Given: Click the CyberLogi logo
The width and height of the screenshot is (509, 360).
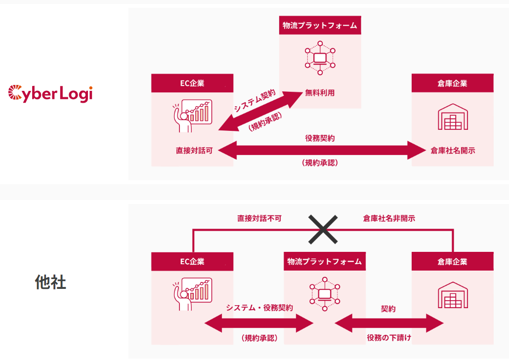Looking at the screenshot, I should (x=50, y=93).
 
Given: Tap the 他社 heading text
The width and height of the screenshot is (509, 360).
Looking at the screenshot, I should (x=50, y=282).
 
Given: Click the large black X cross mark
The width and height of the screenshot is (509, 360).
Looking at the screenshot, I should (x=323, y=229).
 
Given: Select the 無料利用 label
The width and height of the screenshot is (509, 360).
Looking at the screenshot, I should (x=320, y=92).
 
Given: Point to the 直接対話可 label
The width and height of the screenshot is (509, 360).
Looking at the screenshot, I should (x=194, y=151).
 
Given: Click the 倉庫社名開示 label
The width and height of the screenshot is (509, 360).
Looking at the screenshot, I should (x=452, y=151).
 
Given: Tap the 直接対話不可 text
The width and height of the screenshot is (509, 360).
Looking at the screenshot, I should (x=259, y=218).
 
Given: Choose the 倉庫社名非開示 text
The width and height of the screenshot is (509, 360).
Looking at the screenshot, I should (x=389, y=218).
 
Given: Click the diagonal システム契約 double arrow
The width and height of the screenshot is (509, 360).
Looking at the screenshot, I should (x=260, y=112).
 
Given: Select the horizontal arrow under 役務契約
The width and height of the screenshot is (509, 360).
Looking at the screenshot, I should (x=320, y=150).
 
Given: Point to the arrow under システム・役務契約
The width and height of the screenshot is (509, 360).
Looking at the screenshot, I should (x=259, y=324).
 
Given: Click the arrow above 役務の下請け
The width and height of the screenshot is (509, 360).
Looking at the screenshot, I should (x=389, y=323).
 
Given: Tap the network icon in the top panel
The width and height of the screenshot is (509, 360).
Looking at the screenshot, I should (x=320, y=58).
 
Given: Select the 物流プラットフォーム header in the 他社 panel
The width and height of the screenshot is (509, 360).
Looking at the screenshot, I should (x=324, y=261).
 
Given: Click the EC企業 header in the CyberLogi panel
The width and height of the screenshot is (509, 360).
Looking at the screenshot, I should (x=192, y=83).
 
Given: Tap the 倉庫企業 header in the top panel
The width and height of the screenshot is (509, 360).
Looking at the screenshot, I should (x=452, y=83).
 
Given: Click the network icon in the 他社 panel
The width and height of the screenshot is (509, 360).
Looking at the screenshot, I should (x=324, y=295).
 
